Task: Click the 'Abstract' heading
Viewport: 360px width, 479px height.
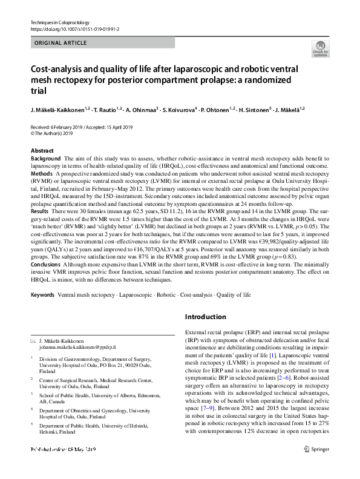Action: (42, 151)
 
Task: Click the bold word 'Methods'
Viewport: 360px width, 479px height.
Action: (42, 173)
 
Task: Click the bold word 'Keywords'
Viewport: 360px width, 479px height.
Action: (42, 294)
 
